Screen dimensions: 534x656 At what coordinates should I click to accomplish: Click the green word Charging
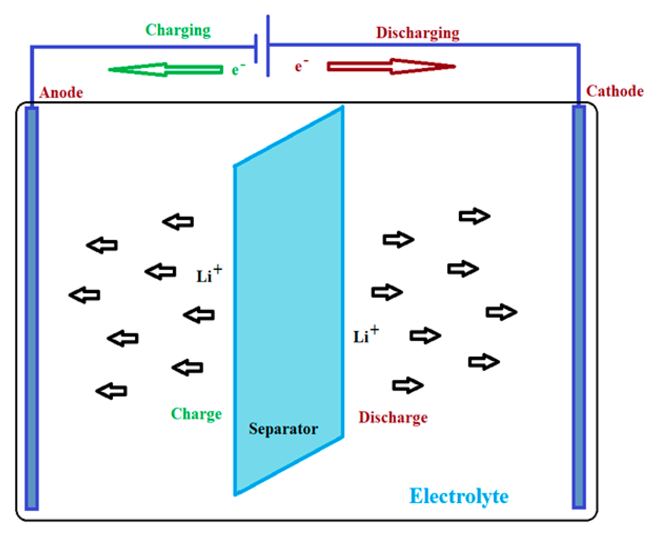click(178, 30)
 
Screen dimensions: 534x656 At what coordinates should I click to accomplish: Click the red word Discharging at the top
click(418, 33)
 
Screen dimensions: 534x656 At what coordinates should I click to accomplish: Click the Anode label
click(61, 92)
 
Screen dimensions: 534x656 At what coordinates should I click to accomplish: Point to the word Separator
click(283, 429)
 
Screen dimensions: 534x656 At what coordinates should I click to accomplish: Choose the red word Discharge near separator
click(393, 418)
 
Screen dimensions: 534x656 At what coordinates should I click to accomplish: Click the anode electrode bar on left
click(32, 308)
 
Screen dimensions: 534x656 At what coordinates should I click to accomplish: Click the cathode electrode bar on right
click(579, 308)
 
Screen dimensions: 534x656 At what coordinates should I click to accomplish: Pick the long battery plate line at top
click(268, 46)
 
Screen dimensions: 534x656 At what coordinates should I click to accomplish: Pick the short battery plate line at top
click(256, 49)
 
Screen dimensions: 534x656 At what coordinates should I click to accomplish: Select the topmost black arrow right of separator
click(474, 216)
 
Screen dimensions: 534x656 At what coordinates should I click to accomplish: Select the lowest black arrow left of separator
click(111, 391)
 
